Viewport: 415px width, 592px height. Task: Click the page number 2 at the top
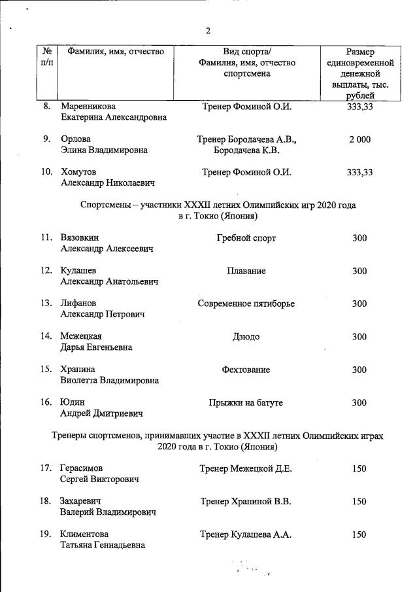pos(208,30)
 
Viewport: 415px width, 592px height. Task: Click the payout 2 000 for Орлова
pos(359,139)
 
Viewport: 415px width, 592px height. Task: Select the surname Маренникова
pos(90,107)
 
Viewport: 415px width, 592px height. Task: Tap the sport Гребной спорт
pos(246,238)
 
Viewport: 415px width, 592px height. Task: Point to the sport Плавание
pos(246,271)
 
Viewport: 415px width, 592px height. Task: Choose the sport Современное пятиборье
pos(246,304)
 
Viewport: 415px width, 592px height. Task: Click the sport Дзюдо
pos(246,337)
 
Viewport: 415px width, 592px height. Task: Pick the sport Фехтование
pos(246,370)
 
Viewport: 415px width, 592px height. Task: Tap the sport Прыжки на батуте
pos(246,403)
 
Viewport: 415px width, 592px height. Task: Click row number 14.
pos(46,337)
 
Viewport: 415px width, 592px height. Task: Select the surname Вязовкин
pos(80,238)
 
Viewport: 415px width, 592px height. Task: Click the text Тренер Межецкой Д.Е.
pos(246,468)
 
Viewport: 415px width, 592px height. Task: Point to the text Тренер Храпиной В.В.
pos(246,502)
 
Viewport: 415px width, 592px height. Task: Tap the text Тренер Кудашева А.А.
pos(246,534)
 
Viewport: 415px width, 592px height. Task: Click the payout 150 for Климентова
pos(359,534)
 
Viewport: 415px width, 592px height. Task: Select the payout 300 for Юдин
pos(359,403)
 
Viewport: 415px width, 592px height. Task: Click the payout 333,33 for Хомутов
pos(359,172)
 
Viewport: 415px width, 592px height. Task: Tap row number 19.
pos(46,534)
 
